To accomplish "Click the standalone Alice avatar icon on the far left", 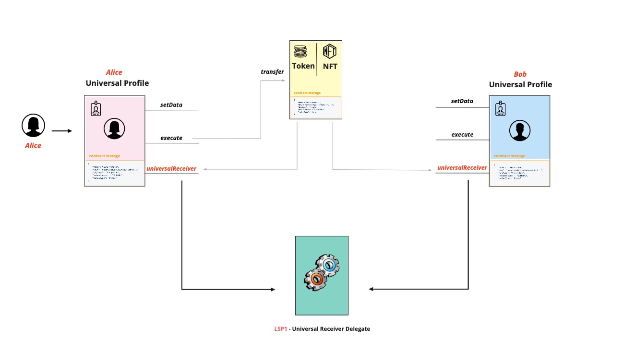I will pos(33,126).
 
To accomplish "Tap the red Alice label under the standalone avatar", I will pos(33,146).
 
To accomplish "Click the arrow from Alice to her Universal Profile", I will pos(61,130).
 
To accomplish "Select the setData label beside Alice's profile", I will pos(171,105).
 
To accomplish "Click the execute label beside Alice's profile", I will pos(171,138).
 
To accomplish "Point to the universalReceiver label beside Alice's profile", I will pos(171,168).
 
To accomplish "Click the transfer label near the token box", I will pos(272,72).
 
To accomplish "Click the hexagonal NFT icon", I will pos(330,51).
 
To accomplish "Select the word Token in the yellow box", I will pos(303,66).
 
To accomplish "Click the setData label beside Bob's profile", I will pos(462,101).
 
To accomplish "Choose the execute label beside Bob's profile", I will pos(462,134).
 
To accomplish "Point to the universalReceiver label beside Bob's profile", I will pos(462,168).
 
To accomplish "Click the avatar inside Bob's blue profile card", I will pos(520,130).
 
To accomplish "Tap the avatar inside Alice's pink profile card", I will pos(114,128).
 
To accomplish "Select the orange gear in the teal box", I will pos(316,279).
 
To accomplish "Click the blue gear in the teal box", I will pos(328,266).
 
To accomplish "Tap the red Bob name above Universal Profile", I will pos(520,74).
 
